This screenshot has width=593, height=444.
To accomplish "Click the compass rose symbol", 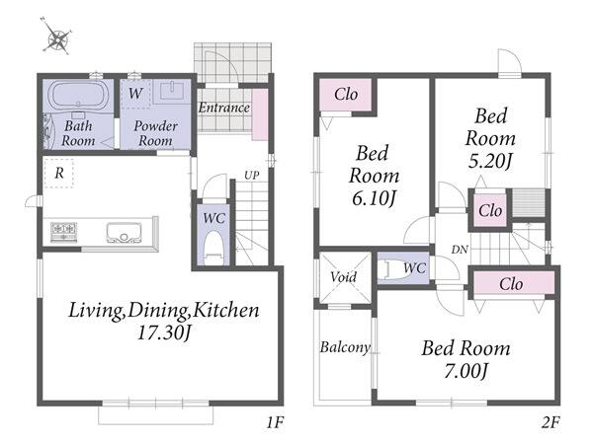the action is click(x=56, y=37).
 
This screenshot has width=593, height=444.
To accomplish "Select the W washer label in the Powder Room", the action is click(x=135, y=93).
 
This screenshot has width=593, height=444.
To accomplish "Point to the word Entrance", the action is click(x=224, y=108).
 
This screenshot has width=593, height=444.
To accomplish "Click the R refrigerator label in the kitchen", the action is click(x=59, y=174).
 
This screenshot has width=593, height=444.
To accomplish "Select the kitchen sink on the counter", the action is click(x=124, y=233).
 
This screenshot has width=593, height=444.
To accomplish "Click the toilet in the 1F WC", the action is click(x=213, y=248).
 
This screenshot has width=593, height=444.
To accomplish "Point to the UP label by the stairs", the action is click(x=251, y=176).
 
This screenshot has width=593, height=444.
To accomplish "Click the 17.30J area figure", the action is click(x=164, y=333).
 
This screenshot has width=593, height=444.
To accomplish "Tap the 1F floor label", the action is click(x=275, y=422).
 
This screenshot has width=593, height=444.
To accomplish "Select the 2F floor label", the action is click(x=551, y=422).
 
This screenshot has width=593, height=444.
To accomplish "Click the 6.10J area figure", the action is click(x=374, y=198).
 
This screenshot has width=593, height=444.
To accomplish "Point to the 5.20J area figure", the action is click(x=490, y=161).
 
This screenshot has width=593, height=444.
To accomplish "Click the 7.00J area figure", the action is click(x=466, y=371).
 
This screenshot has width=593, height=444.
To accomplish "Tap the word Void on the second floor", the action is click(x=343, y=277).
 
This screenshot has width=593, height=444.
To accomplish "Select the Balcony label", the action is click(x=345, y=347).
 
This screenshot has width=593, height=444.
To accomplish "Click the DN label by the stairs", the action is click(x=460, y=250).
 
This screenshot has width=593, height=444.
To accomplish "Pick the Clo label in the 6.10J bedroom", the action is click(x=346, y=94).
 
